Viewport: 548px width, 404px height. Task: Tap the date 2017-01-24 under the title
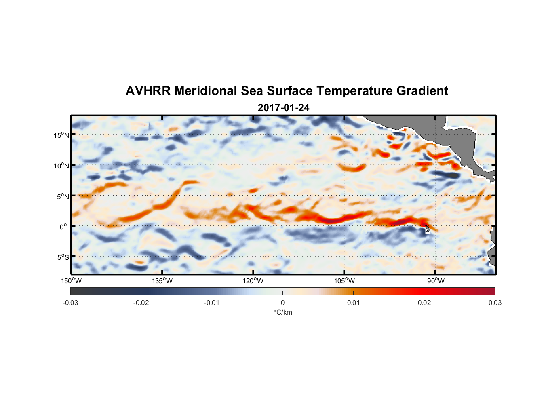283,108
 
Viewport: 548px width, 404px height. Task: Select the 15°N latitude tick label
61,135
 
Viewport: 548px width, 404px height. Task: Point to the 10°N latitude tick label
61,166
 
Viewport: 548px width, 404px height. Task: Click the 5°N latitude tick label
63,196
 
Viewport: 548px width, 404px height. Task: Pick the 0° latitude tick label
63,227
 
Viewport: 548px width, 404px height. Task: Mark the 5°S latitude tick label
63,257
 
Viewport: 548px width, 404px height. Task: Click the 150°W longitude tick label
71,281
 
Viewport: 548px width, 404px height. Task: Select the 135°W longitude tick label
162,281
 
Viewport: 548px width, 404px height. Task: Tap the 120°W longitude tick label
253,281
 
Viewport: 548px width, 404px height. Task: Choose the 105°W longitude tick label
344,281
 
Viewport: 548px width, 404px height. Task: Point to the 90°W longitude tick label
436,281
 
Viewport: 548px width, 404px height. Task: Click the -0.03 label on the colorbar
70,303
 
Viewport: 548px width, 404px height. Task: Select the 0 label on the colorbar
282,303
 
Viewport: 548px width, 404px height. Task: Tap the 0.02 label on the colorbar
424,303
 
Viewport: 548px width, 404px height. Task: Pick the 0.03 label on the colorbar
495,303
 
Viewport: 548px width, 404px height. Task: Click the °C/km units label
283,312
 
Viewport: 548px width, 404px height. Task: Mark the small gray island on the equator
427,229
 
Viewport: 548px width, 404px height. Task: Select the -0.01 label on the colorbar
212,303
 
